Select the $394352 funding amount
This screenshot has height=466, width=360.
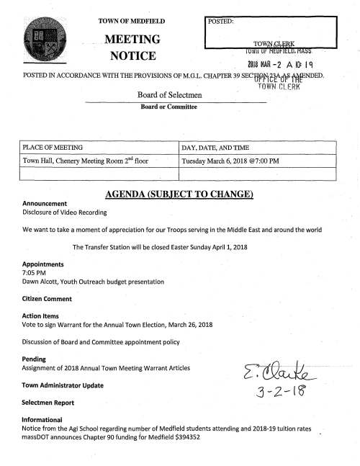(x=184, y=437)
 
